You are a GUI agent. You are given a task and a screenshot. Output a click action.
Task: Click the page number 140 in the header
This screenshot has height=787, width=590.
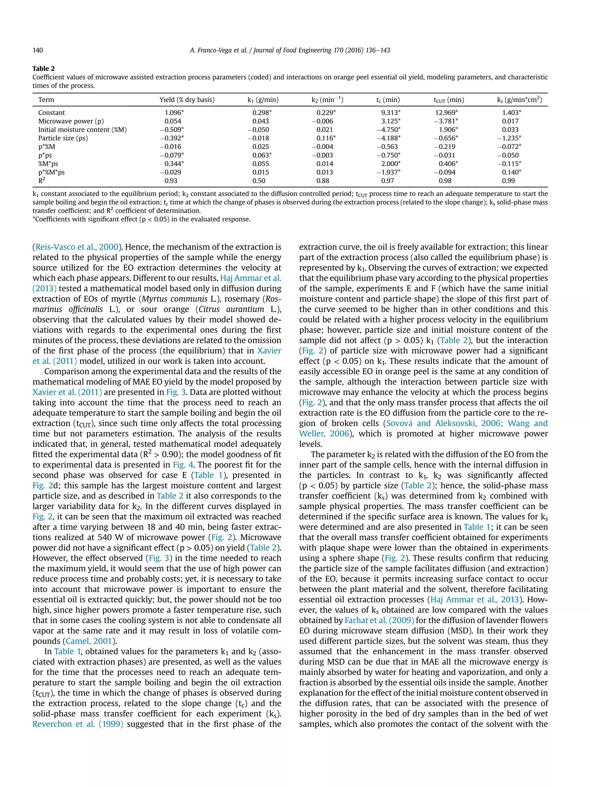tap(38, 50)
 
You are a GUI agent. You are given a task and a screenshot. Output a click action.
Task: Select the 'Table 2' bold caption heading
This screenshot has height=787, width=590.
tap(44, 69)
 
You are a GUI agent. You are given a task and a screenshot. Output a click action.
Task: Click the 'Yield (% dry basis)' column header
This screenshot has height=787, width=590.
tap(187, 100)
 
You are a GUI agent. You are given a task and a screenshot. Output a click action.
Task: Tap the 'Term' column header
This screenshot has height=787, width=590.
tap(46, 100)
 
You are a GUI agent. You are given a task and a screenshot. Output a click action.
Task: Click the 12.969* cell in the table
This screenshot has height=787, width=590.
tap(446, 113)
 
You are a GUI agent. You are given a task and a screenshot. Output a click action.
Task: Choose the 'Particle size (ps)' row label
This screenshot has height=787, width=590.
tap(63, 138)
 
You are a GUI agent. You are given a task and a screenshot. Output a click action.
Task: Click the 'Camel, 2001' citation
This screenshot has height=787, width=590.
tap(88, 641)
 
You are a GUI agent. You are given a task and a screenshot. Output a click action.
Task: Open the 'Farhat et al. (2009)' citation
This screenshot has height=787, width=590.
tap(379, 620)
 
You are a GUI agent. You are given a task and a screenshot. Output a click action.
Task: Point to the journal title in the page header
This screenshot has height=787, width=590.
tap(290, 50)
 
